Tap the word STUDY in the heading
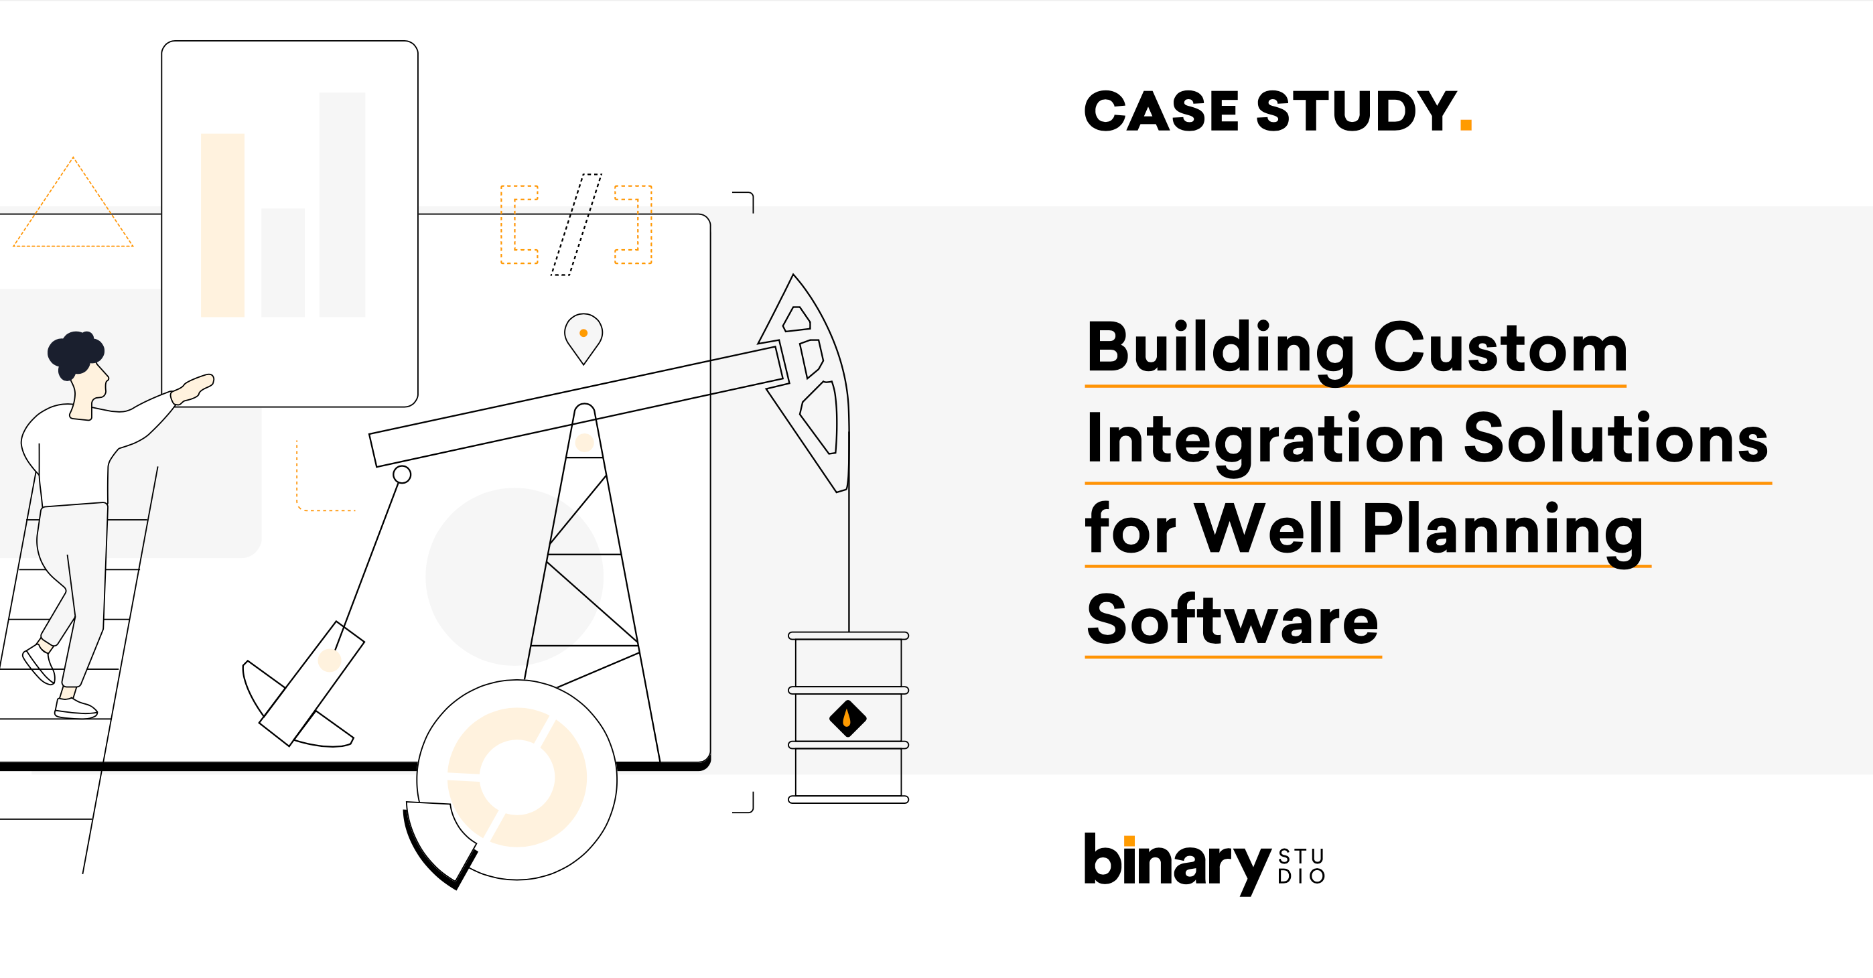point(1356,112)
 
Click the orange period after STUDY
point(1466,125)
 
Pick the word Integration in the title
point(1265,440)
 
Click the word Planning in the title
point(1502,531)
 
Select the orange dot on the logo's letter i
point(1129,841)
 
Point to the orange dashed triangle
point(73,211)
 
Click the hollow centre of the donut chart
point(517,778)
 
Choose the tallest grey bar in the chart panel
point(342,204)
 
